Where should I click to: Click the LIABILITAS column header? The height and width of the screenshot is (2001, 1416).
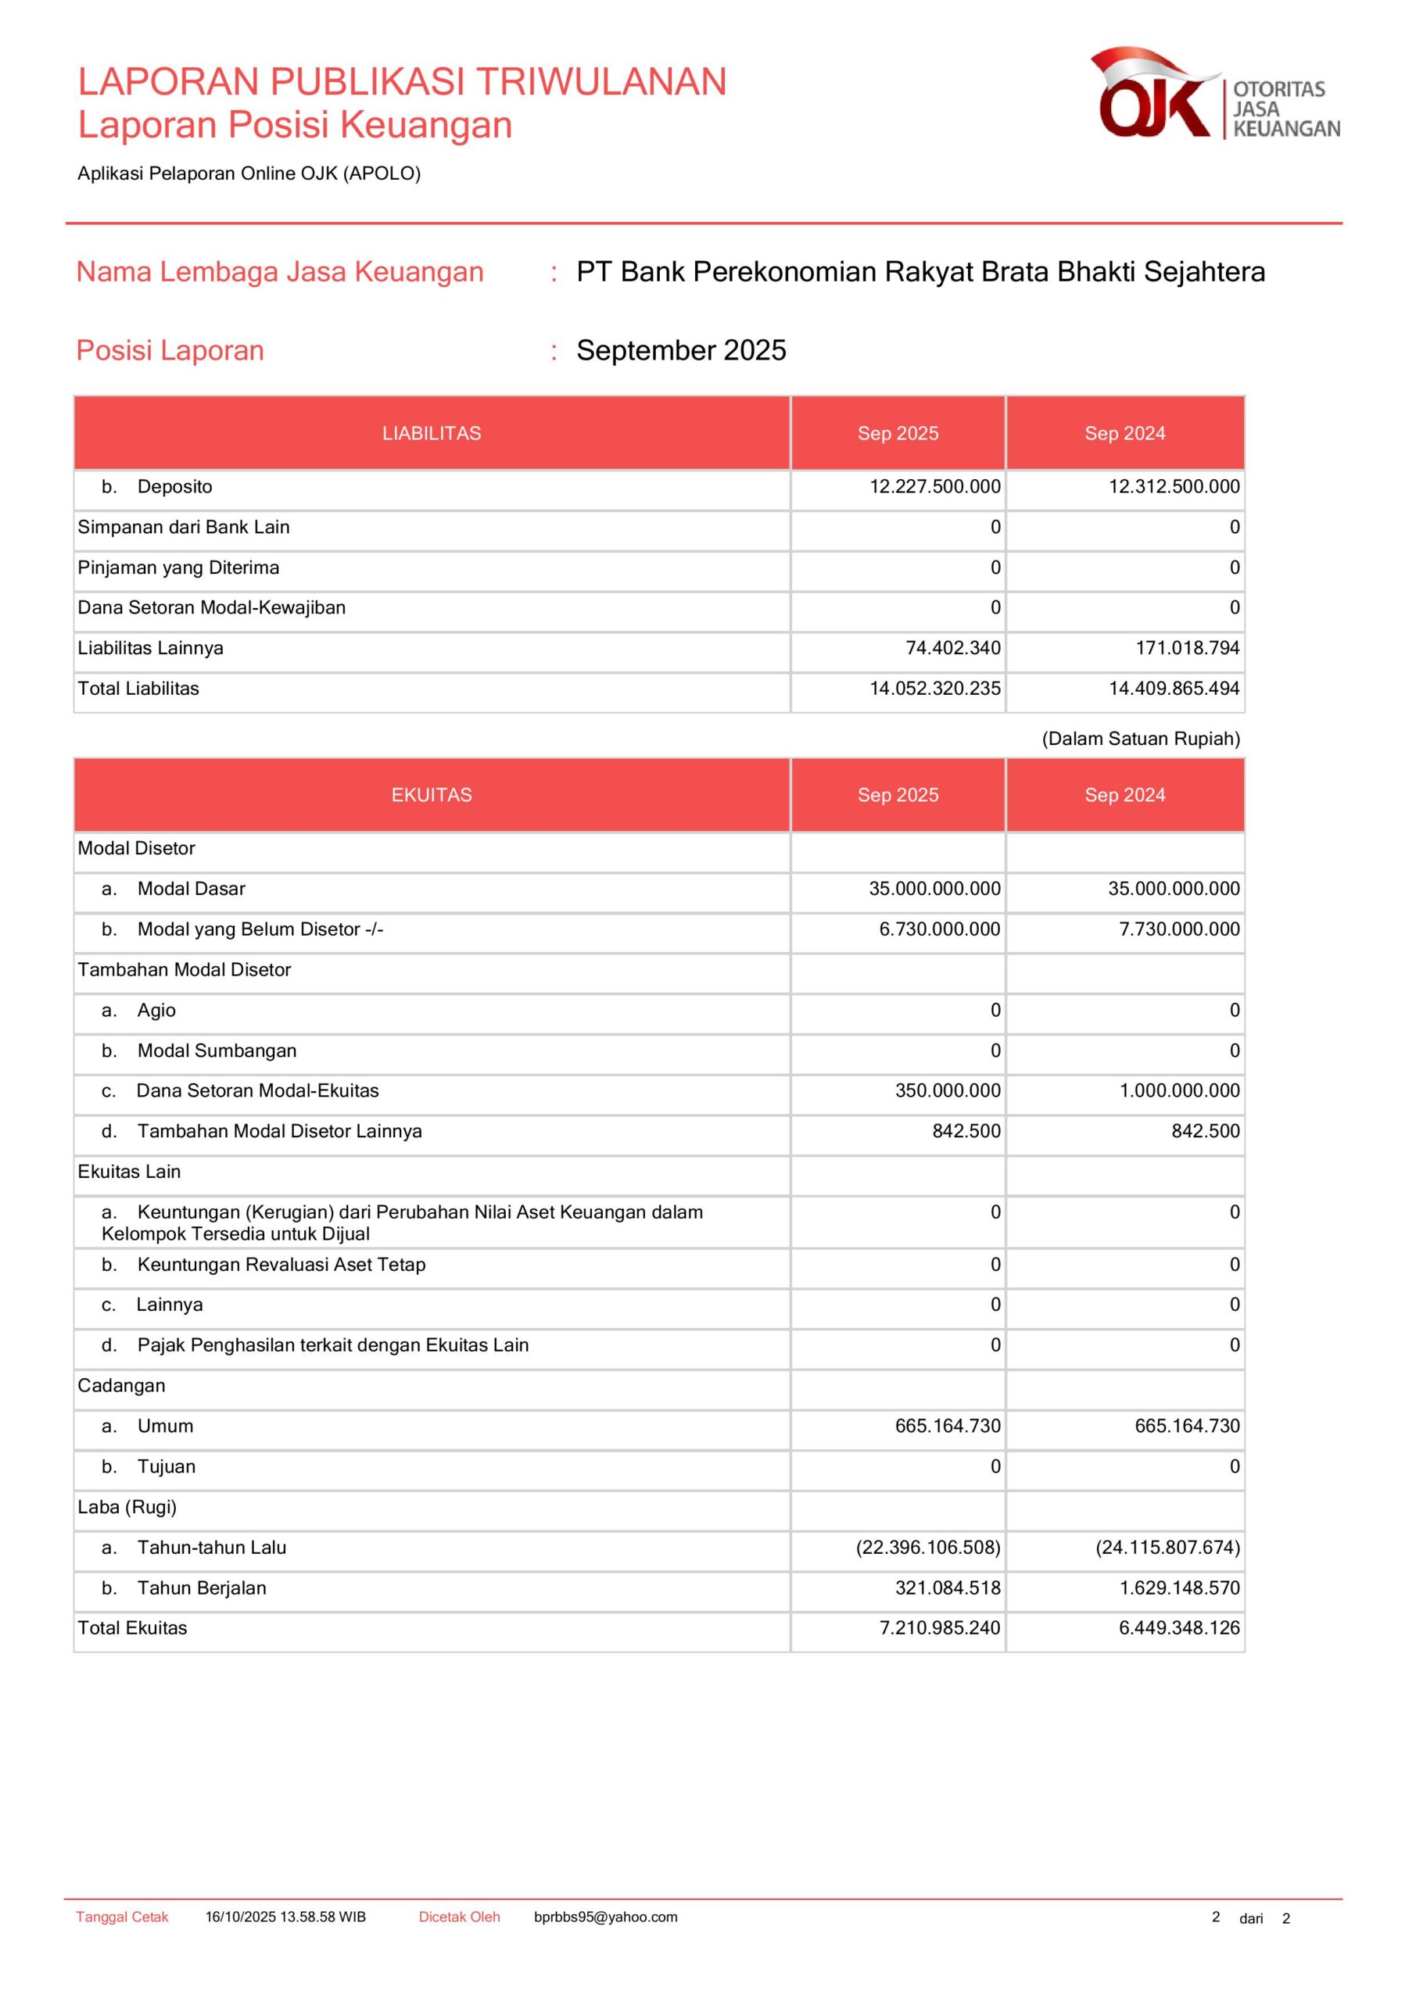point(432,433)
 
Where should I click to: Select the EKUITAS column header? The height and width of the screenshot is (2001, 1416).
point(432,795)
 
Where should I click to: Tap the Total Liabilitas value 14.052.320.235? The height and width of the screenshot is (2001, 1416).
point(934,689)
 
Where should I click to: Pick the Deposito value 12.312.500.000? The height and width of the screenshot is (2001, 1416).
point(1174,486)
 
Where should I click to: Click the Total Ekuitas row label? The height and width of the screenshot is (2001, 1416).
point(133,1628)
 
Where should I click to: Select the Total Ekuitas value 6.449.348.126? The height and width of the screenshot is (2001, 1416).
point(1179,1628)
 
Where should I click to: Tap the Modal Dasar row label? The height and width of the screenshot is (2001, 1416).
point(191,889)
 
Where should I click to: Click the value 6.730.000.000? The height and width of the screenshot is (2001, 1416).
point(939,929)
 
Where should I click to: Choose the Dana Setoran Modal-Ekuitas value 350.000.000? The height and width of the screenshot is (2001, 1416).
point(948,1090)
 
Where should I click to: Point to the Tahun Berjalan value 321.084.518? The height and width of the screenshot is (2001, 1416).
point(948,1588)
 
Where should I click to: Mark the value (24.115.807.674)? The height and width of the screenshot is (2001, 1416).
point(1167,1547)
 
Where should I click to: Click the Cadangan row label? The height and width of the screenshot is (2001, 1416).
point(121,1386)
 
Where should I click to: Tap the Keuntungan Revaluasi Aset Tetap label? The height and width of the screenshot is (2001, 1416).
point(281,1265)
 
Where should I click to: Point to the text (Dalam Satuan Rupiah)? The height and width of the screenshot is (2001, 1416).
point(1141,739)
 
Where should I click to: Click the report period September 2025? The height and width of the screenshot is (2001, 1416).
point(681,350)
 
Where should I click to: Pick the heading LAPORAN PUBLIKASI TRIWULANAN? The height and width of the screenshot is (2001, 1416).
point(402,82)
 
